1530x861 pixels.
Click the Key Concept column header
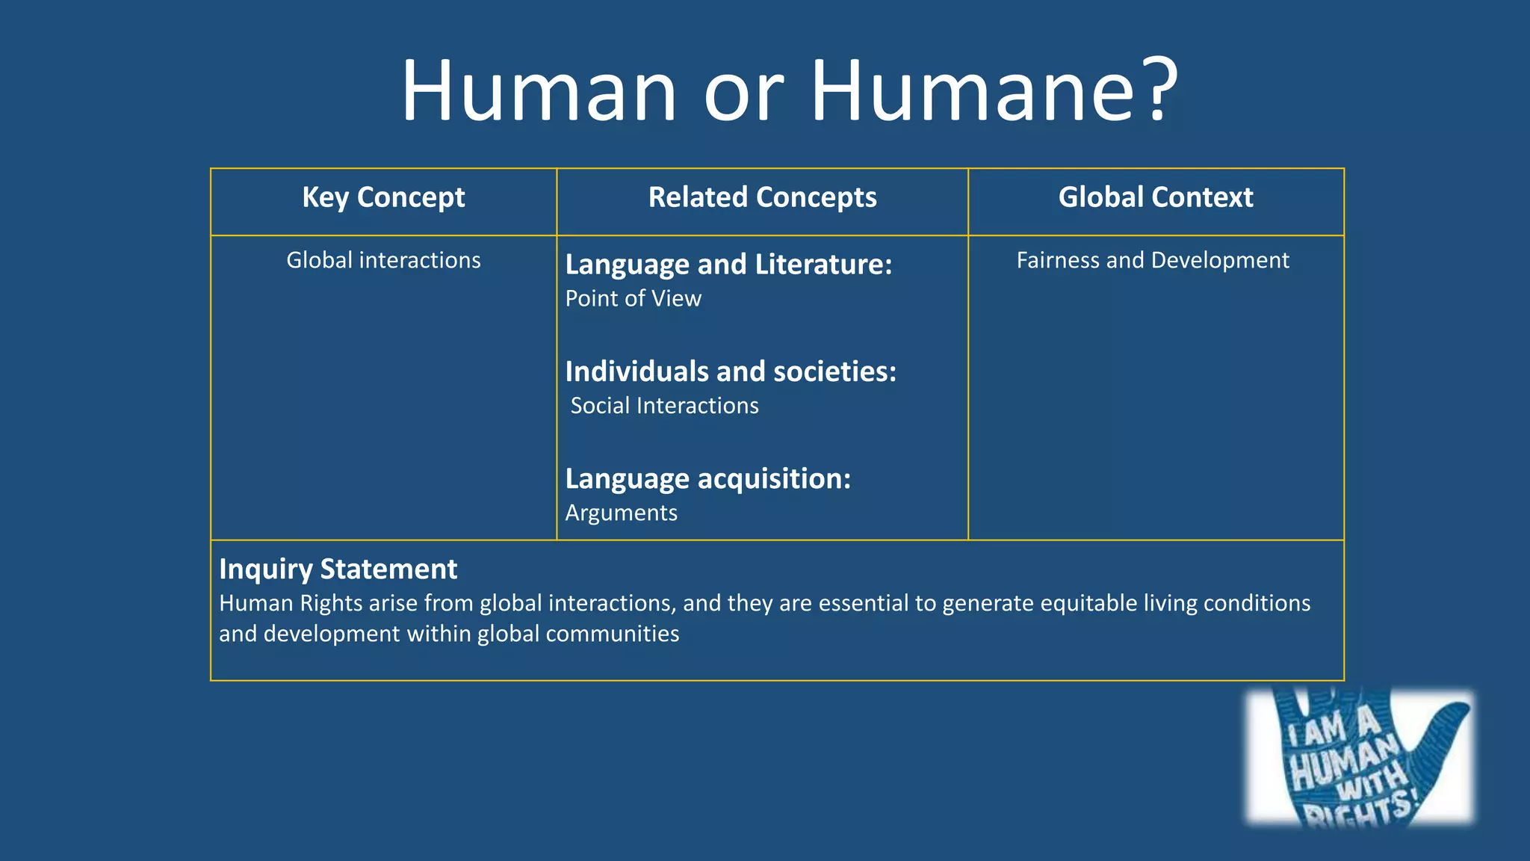(383, 197)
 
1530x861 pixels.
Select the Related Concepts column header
(762, 197)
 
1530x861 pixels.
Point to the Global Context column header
(1155, 197)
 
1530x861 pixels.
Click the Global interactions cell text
(383, 260)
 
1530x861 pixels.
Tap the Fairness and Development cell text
(1152, 260)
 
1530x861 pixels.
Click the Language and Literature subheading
(728, 265)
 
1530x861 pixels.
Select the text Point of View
(633, 298)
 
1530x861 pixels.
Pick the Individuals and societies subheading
(730, 371)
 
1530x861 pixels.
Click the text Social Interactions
(664, 406)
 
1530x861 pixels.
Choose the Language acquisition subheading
(707, 479)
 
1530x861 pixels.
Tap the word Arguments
(621, 513)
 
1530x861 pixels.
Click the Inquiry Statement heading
(338, 570)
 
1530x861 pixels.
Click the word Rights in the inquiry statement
(331, 603)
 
